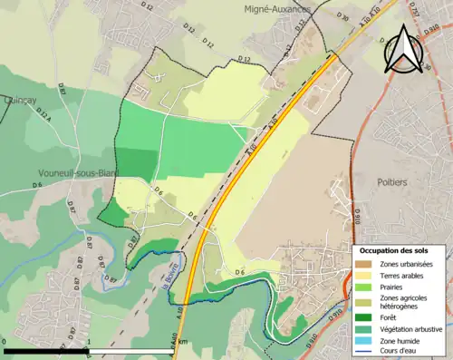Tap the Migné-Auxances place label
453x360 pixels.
coord(277,9)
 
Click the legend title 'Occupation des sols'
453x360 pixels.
coord(396,250)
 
